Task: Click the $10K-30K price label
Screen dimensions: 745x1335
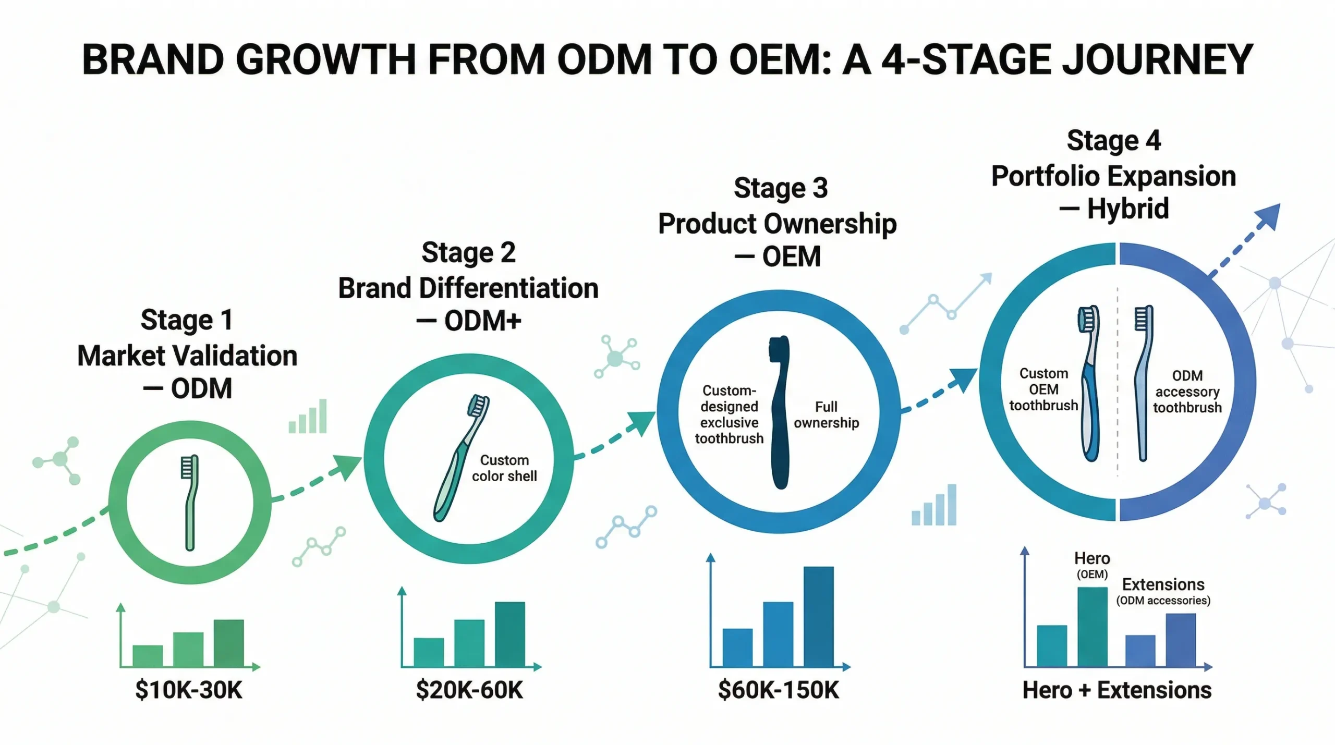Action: tap(189, 690)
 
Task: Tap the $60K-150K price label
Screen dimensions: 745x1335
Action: tap(778, 690)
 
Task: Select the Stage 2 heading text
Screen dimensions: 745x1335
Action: tap(468, 253)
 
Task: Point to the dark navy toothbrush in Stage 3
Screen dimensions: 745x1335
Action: tap(780, 412)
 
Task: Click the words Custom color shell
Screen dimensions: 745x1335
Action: tap(504, 468)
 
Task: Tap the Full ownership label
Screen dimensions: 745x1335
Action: tap(826, 414)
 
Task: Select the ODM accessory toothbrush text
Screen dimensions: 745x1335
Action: tap(1187, 392)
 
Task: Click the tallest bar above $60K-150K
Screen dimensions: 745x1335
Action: tap(818, 616)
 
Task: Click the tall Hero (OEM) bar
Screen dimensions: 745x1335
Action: tap(1092, 627)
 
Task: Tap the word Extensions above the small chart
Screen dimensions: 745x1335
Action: tap(1163, 584)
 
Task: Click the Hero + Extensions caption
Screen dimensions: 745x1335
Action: tap(1116, 690)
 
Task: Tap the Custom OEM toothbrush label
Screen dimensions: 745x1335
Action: tap(1043, 389)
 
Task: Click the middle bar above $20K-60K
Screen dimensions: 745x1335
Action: tap(469, 643)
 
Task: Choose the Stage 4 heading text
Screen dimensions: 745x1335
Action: tap(1113, 141)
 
